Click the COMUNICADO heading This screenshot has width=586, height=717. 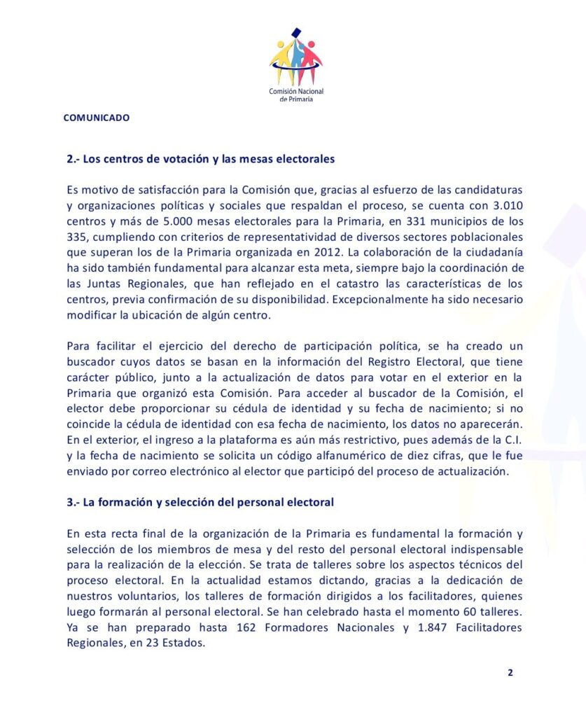point(97,118)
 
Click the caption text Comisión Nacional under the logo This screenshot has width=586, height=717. point(295,92)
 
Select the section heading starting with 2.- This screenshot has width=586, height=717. point(201,159)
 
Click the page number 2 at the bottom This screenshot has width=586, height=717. point(510,673)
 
